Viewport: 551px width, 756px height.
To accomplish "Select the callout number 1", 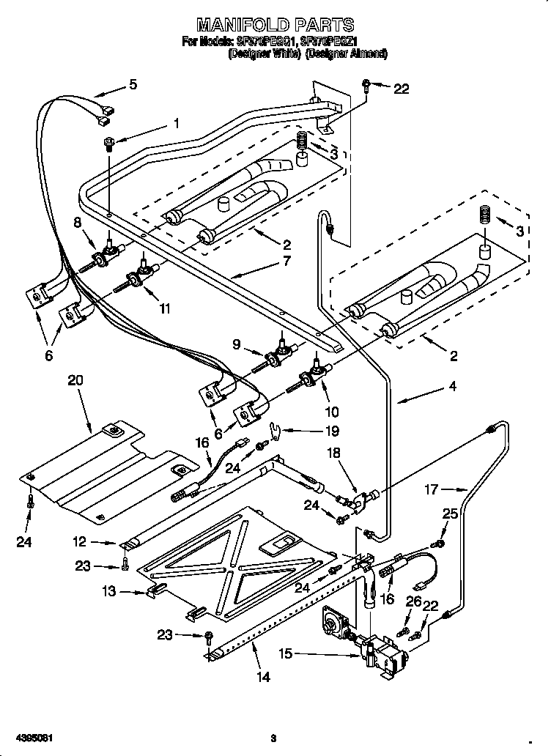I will pos(175,123).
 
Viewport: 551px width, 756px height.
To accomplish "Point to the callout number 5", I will pos(132,84).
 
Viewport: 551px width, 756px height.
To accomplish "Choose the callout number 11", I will pos(165,308).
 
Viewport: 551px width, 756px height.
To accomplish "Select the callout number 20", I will pos(76,379).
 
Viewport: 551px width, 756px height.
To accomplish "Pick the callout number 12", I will pos(100,542).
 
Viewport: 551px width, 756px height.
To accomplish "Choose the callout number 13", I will pos(109,591).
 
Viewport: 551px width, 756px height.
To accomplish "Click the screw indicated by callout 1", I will pos(108,142).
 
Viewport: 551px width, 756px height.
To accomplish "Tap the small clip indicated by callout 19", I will pos(274,431).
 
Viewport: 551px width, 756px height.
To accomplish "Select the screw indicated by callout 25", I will pos(439,543).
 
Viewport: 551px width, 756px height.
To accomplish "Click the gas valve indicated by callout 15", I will pos(374,648).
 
